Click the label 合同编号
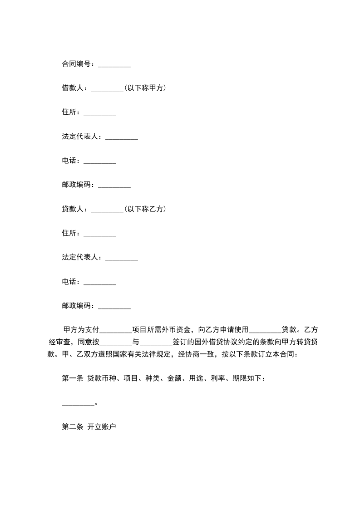[76, 64]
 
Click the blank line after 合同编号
[114, 65]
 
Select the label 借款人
[73, 88]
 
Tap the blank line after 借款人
[107, 89]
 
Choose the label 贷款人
[73, 209]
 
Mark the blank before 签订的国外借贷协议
[157, 343]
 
